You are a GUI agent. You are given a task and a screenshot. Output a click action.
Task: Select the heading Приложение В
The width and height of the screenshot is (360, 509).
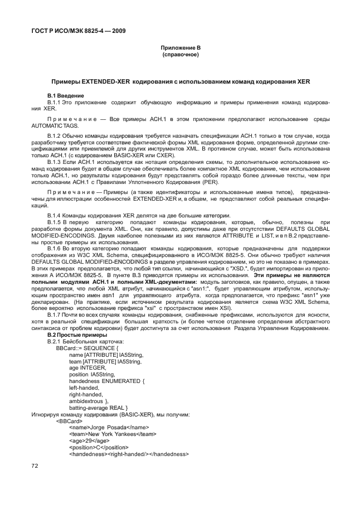pyautogui.click(x=179, y=48)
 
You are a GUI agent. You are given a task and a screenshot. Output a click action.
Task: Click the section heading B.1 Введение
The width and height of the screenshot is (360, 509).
pyautogui.click(x=66, y=96)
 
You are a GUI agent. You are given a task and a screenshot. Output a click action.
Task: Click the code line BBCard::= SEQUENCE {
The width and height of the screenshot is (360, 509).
pyautogui.click(x=88, y=363)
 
